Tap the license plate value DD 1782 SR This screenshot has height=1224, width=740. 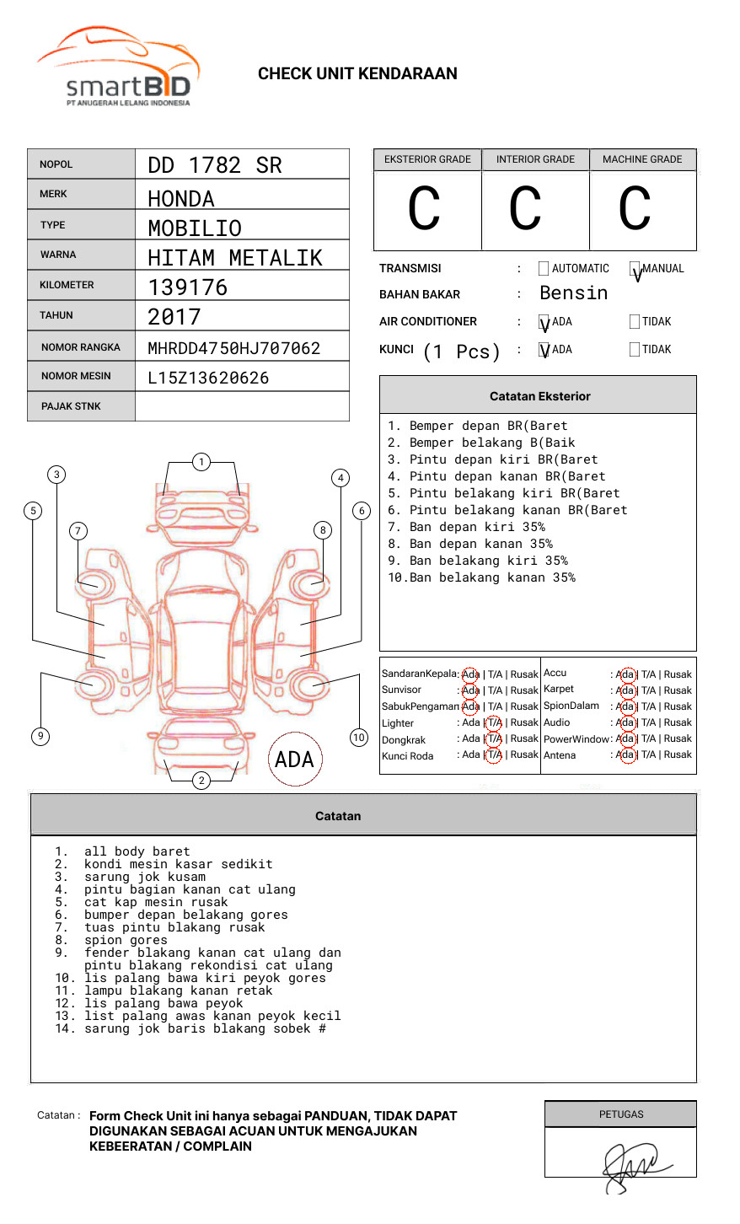click(x=215, y=165)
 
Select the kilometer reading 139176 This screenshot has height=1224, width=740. click(x=188, y=287)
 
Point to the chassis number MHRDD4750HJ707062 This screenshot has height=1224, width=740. click(x=233, y=348)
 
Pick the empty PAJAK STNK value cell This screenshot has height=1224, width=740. click(x=242, y=406)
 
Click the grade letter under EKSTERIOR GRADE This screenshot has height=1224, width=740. click(x=424, y=209)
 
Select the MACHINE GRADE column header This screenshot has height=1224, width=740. click(x=642, y=159)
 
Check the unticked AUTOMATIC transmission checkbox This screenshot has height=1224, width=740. click(x=544, y=269)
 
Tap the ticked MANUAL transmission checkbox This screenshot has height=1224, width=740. click(x=635, y=269)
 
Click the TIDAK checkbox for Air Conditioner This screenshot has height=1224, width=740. click(x=635, y=322)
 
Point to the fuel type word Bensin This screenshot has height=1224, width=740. click(x=573, y=293)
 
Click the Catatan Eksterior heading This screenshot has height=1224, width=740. click(x=539, y=396)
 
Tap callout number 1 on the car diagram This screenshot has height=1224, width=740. click(x=201, y=461)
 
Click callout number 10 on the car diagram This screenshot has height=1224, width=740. click(x=359, y=738)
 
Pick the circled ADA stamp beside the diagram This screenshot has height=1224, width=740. click(x=294, y=760)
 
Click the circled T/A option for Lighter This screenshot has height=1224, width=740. click(x=494, y=722)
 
